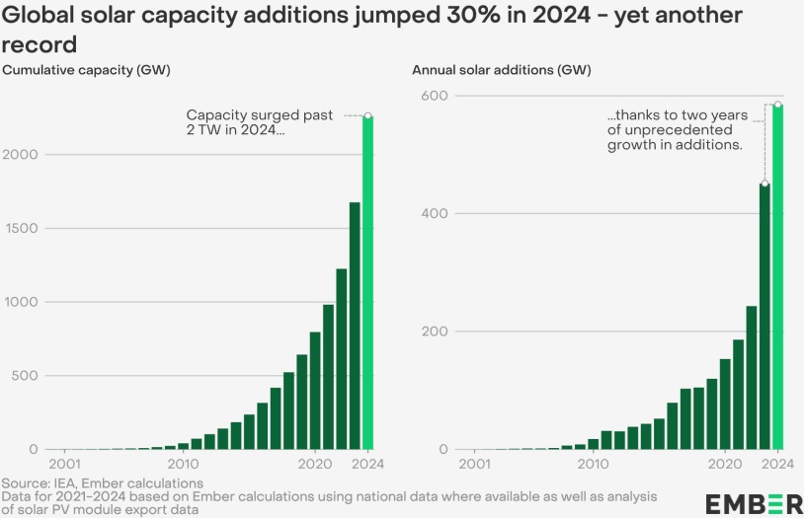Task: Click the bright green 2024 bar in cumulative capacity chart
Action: pyautogui.click(x=367, y=286)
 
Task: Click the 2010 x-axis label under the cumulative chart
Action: pyautogui.click(x=182, y=464)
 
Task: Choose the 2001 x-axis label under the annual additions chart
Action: pyautogui.click(x=475, y=464)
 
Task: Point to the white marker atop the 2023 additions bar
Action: pyautogui.click(x=764, y=184)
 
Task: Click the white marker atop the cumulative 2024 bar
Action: pyautogui.click(x=367, y=116)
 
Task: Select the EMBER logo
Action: pyautogui.click(x=755, y=504)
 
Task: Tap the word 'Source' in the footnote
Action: pyautogui.click(x=23, y=483)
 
